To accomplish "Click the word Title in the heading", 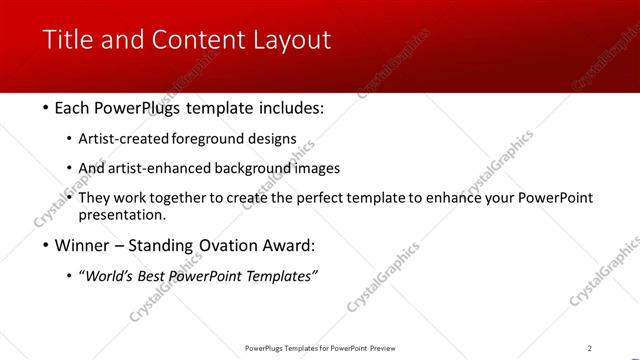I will [x=67, y=40].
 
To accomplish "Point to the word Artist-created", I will [x=123, y=139].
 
